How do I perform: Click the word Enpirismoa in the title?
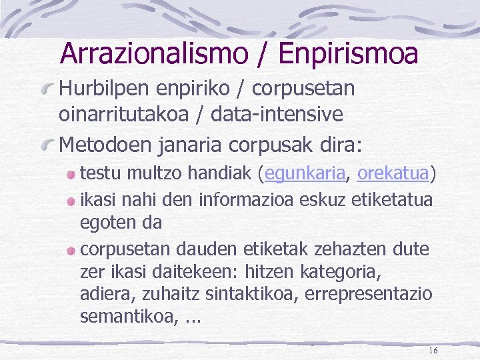pyautogui.click(x=348, y=53)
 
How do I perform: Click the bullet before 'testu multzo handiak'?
pyautogui.click(x=71, y=175)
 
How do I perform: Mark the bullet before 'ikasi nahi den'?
pyautogui.click(x=71, y=199)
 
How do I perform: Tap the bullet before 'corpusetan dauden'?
pyautogui.click(x=71, y=249)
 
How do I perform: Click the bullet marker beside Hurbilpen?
pyautogui.click(x=48, y=89)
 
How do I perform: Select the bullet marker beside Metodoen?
pyautogui.click(x=48, y=143)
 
